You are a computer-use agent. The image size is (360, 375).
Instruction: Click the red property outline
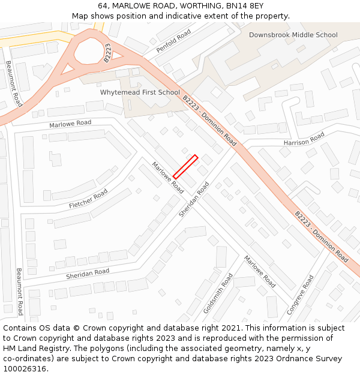point(185,167)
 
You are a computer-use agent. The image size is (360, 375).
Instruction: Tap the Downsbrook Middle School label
point(293,35)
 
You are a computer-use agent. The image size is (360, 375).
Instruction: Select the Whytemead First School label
point(140,92)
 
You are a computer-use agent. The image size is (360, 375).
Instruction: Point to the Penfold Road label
point(173,40)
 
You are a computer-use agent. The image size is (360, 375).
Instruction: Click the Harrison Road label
point(304,139)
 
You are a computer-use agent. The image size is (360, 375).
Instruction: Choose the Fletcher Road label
point(88,199)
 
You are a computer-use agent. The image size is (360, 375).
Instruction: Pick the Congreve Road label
point(300,295)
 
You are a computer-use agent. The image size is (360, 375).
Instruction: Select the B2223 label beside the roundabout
point(107,53)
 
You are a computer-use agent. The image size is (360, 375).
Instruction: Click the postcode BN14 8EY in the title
point(243,6)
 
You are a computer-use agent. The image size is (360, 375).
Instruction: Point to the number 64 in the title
point(103,6)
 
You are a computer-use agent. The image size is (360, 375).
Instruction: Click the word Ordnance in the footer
point(298,358)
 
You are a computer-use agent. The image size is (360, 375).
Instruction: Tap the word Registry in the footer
point(62,348)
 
